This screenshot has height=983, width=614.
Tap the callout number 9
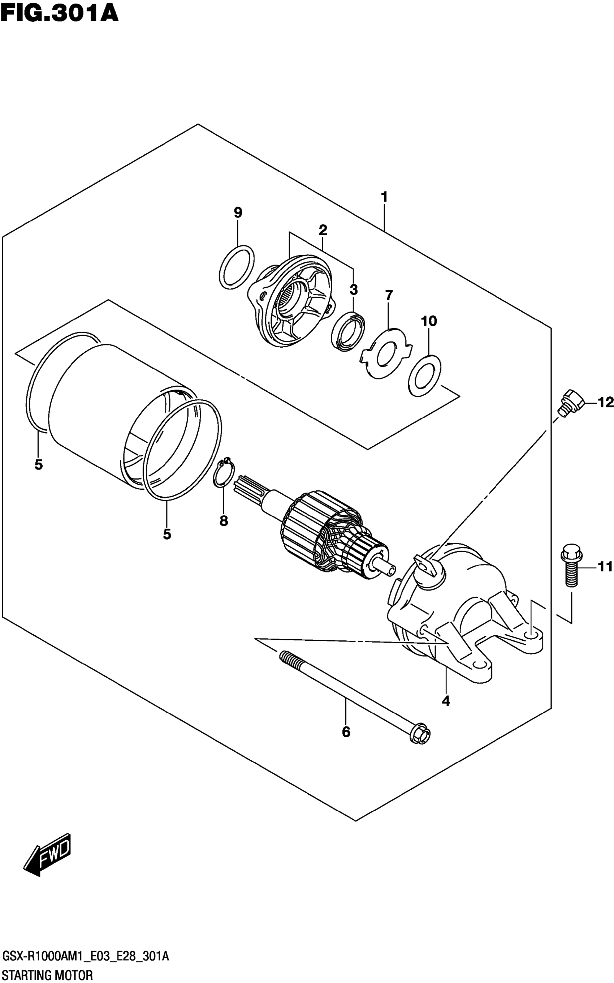point(238,212)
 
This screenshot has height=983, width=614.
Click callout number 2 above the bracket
point(323,230)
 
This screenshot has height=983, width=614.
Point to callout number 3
point(353,290)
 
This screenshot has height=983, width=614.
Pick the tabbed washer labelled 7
point(386,353)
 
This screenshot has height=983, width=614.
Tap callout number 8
point(224,521)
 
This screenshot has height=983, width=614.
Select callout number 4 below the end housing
point(446,701)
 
